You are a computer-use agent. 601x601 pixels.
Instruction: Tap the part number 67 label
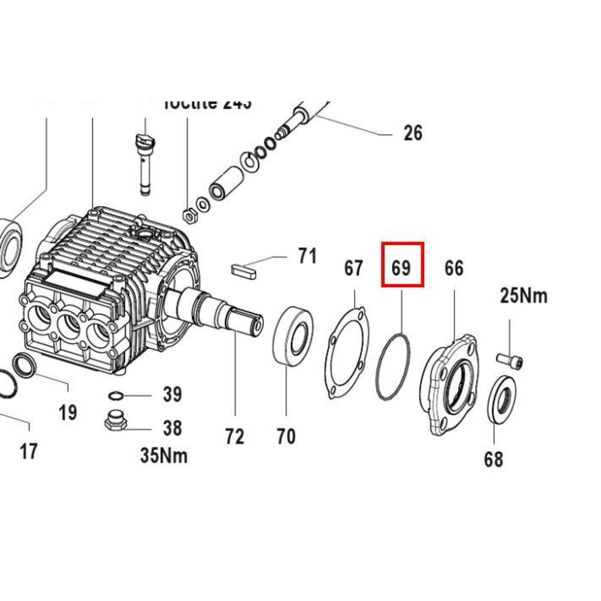pos(353,268)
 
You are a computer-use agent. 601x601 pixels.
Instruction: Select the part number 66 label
pos(454,268)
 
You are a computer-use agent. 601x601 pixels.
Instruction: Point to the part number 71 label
pos(307,257)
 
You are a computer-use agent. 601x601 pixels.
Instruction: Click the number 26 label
pos(413,133)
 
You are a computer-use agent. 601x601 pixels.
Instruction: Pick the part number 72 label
pos(234,436)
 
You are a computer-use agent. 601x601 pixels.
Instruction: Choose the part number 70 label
pos(286,436)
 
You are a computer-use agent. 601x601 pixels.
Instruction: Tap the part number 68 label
pos(493,460)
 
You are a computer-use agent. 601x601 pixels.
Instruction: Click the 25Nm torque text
pos(523,296)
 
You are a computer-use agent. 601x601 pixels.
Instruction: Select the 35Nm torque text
pos(163,456)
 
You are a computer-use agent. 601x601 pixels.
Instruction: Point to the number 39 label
pos(172,395)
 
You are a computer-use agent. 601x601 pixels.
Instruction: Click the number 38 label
pos(172,428)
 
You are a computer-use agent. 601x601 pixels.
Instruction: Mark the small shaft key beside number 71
pos(245,269)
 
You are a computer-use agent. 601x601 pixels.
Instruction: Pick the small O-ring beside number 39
pos(115,395)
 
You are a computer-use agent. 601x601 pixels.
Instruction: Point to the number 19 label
pos(68,412)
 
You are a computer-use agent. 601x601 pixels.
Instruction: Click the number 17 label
pos(28,450)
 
